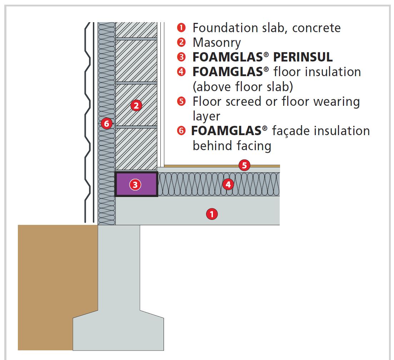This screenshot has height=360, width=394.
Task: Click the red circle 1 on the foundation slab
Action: [212, 214]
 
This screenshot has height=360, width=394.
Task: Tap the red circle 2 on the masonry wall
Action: [136, 105]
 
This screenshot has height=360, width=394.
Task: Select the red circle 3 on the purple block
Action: [135, 184]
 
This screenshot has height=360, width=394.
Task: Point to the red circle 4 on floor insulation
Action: [228, 184]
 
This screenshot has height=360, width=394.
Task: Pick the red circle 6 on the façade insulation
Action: [106, 124]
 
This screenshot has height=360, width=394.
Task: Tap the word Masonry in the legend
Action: [217, 43]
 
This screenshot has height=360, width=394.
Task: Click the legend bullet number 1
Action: [181, 28]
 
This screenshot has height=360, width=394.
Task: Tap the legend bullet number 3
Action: [181, 57]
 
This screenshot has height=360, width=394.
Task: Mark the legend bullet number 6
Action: [181, 131]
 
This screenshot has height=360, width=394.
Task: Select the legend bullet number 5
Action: [181, 102]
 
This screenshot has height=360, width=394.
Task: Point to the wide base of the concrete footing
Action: [118, 332]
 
